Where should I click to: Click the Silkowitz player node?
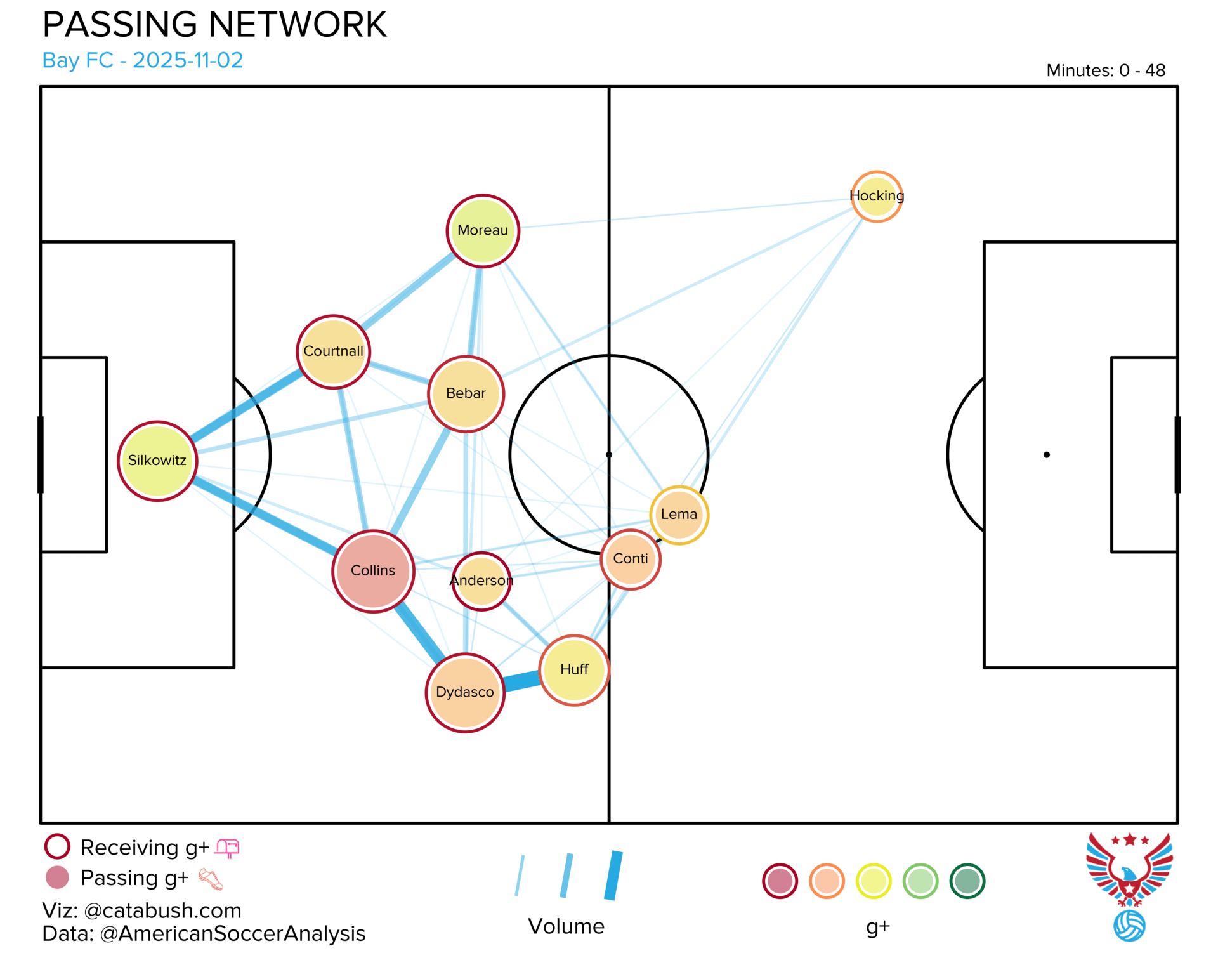point(157,461)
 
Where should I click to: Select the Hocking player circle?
point(877,197)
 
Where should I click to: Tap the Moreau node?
point(483,231)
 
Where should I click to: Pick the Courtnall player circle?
point(333,351)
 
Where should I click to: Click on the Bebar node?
point(466,394)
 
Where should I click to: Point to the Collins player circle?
point(373,571)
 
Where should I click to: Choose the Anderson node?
point(481,581)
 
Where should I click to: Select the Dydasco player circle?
point(465,693)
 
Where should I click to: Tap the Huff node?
point(574,670)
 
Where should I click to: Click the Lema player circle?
point(679,515)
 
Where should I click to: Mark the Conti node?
point(631,560)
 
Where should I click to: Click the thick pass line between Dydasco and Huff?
point(521,681)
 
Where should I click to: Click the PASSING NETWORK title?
point(214,25)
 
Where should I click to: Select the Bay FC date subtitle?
point(143,60)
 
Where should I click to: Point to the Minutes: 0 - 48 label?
point(1106,70)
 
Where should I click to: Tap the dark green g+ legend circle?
point(967,881)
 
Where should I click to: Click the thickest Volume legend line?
point(613,876)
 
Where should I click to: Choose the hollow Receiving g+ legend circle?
point(57,846)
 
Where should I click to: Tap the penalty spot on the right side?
point(1047,455)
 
